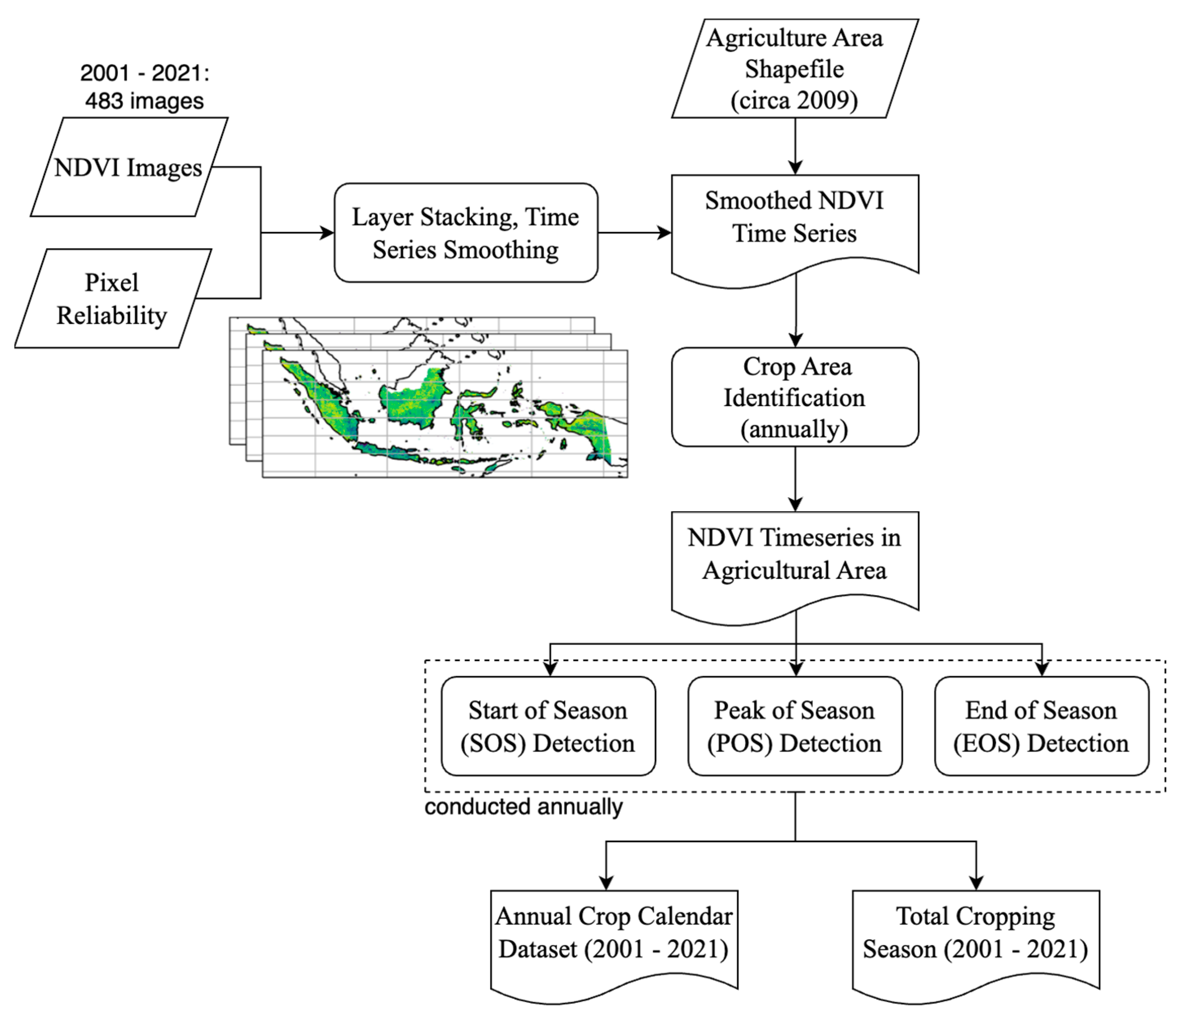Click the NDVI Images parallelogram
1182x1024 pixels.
(x=129, y=167)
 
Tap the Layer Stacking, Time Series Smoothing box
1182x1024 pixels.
(x=466, y=233)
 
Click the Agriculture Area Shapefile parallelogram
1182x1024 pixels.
(x=795, y=68)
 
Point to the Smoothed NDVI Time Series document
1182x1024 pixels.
(x=795, y=226)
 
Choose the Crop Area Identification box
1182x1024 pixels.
(x=795, y=397)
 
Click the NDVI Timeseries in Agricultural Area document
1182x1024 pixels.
(x=795, y=563)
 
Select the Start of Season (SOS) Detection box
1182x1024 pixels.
(x=549, y=726)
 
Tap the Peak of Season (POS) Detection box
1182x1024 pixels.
(x=795, y=726)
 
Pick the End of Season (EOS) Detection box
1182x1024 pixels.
(x=1041, y=726)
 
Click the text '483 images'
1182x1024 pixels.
(x=145, y=101)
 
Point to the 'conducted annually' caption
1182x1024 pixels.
(x=523, y=807)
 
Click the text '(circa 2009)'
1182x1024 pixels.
(x=795, y=101)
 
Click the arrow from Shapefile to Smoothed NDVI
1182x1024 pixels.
(x=795, y=146)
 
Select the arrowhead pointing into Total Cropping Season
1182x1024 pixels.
(x=976, y=883)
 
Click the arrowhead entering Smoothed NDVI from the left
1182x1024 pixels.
(x=664, y=233)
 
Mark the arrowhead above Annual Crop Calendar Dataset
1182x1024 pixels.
(x=606, y=883)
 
